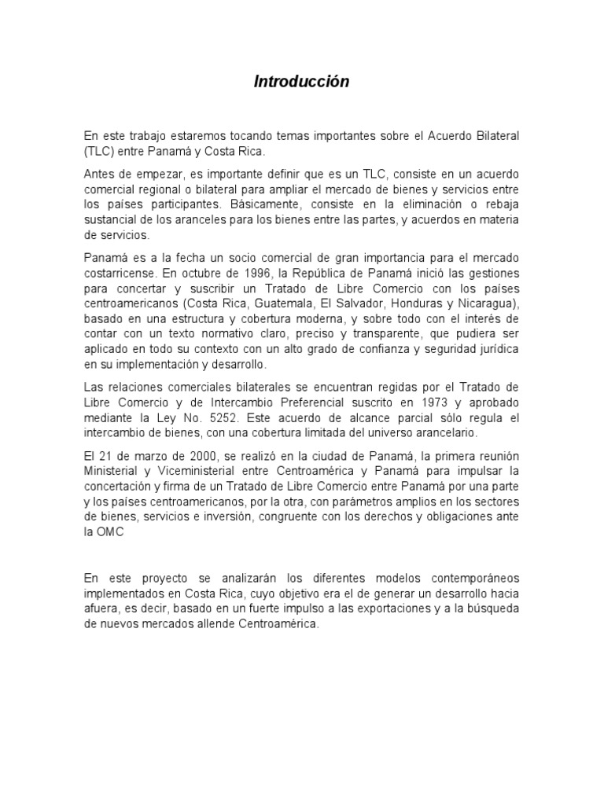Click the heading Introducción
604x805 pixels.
301,82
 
